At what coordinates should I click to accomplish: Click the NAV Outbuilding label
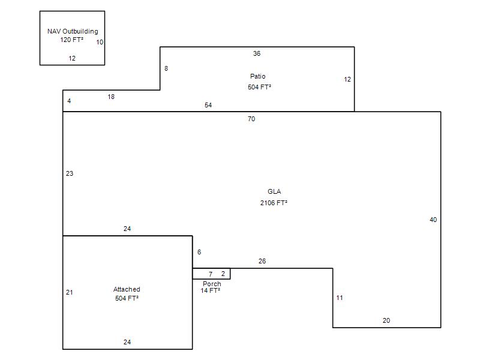[x=73, y=31]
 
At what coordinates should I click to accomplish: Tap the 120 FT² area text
[x=71, y=40]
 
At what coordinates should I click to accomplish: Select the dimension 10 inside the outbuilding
[x=100, y=42]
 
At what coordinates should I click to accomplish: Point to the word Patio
[x=258, y=76]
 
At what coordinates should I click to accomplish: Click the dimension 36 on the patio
[x=257, y=53]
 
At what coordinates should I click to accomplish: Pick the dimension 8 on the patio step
[x=166, y=68]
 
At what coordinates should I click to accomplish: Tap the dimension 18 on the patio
[x=111, y=97]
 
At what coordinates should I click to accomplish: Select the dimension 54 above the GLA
[x=208, y=105]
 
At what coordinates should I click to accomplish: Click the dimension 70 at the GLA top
[x=251, y=119]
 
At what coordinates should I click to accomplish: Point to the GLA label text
[x=274, y=191]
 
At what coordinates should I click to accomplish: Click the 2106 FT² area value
[x=274, y=203]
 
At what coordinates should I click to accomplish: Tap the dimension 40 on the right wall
[x=433, y=220]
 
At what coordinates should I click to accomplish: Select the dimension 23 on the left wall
[x=70, y=173]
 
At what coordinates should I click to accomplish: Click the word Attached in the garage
[x=127, y=289]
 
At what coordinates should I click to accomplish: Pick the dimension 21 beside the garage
[x=70, y=292]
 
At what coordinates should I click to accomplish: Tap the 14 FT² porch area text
[x=211, y=290]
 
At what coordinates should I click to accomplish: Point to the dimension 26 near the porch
[x=262, y=261]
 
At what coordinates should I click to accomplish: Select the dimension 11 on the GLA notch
[x=340, y=298]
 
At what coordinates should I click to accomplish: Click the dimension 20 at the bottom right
[x=386, y=320]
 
